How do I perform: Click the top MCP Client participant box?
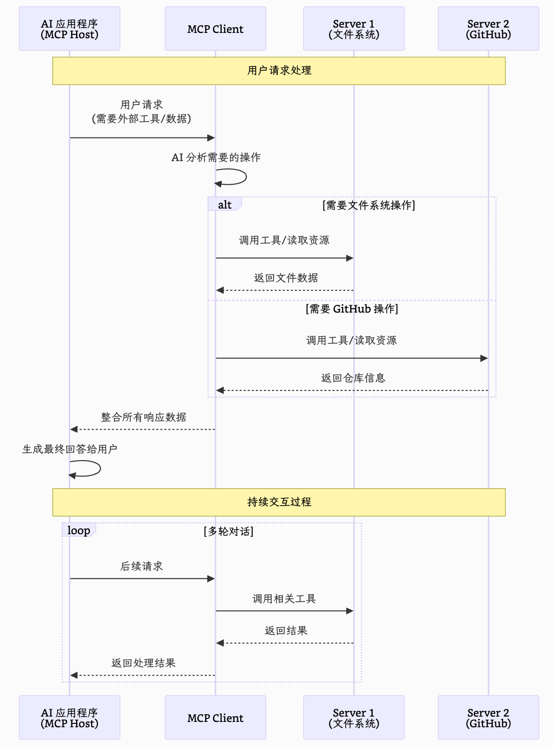215,29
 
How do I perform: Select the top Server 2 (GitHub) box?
488,29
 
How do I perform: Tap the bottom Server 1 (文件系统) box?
353,718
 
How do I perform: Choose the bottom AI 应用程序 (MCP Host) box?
69,718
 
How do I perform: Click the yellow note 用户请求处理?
279,71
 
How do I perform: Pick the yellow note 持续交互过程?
279,502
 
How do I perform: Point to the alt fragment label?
225,205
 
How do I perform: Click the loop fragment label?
78,530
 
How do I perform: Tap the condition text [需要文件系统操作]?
369,205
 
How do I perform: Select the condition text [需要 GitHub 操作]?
352,309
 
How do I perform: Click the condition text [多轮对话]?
229,531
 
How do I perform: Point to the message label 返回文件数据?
286,278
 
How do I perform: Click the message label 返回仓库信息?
353,378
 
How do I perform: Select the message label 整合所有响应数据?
143,417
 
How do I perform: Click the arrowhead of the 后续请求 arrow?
211,579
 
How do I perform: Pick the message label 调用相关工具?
284,599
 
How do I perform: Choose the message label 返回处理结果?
143,663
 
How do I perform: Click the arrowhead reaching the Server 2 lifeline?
484,358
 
